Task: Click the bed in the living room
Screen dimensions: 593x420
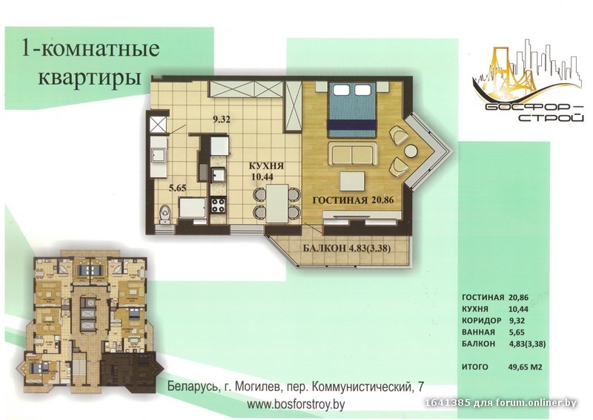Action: (x=351, y=110)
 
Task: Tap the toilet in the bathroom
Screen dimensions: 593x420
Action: (x=165, y=214)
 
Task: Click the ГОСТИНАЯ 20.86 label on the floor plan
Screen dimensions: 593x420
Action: (x=354, y=200)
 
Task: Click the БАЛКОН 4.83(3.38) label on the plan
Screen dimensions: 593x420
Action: (x=347, y=249)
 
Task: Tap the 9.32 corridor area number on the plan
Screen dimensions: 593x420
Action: (x=222, y=120)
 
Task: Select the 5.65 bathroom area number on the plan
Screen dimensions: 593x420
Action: (x=177, y=188)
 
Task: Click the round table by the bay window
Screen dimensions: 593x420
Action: (x=411, y=151)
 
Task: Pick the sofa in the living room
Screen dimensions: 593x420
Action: (x=352, y=153)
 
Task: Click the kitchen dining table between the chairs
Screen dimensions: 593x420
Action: (x=276, y=203)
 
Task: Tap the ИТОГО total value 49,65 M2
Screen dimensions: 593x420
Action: (x=526, y=367)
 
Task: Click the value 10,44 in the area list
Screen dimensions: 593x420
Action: (x=518, y=309)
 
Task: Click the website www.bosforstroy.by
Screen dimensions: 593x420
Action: (x=296, y=404)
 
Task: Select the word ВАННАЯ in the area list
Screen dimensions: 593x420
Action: (x=478, y=332)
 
